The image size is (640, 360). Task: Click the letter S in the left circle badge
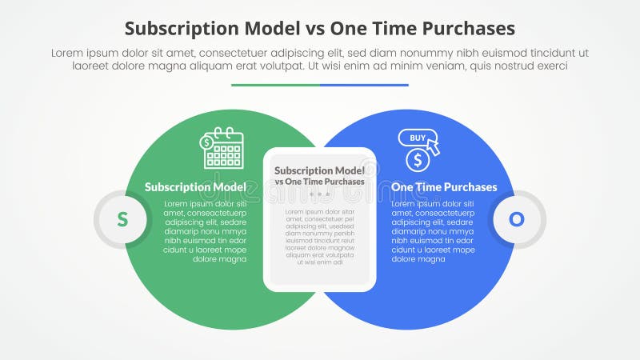pyautogui.click(x=122, y=218)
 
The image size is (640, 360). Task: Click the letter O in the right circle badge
pyautogui.click(x=517, y=218)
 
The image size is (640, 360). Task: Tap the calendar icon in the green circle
pyautogui.click(x=223, y=149)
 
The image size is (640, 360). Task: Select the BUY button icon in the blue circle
pyautogui.click(x=418, y=138)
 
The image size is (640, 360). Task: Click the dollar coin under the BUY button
pyautogui.click(x=417, y=160)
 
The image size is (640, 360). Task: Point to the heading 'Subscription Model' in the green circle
pyautogui.click(x=195, y=187)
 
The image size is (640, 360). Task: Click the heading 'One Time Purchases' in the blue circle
pyautogui.click(x=444, y=187)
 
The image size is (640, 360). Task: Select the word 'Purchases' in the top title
pyautogui.click(x=470, y=29)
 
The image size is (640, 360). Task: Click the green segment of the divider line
pyautogui.click(x=275, y=85)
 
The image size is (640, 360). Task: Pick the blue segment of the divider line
pyautogui.click(x=364, y=85)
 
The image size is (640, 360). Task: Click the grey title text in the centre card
pyautogui.click(x=320, y=175)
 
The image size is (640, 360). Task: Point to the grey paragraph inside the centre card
pyautogui.click(x=320, y=236)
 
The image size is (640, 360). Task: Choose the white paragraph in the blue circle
pyautogui.click(x=433, y=232)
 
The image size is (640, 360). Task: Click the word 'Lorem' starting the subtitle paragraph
pyautogui.click(x=68, y=52)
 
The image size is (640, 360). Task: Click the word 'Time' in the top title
pyautogui.click(x=403, y=29)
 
